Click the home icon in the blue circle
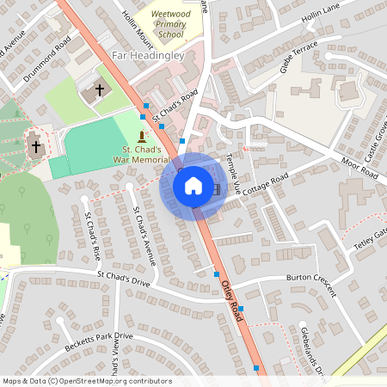click(x=193, y=185)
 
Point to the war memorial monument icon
click(x=143, y=137)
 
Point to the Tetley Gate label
click(x=372, y=237)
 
